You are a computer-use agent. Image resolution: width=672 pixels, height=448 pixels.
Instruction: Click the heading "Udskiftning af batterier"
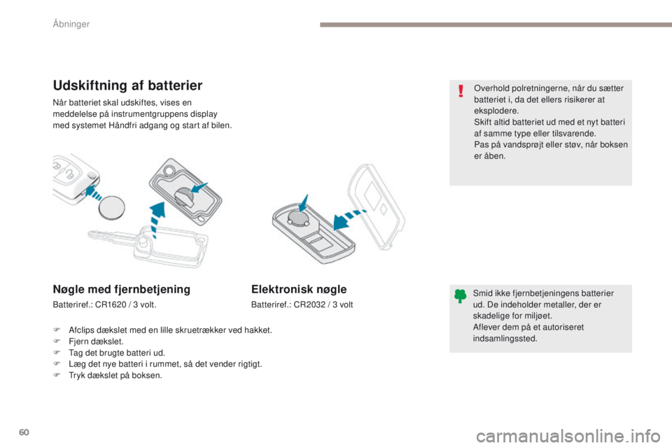point(127,85)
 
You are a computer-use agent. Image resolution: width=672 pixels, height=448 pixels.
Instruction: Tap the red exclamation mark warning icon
point(460,92)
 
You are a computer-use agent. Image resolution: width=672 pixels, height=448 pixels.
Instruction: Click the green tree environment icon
point(460,296)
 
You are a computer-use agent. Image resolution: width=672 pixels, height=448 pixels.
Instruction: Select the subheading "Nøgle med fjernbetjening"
point(121,288)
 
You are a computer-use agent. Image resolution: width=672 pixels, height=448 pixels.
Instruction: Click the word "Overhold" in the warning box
point(490,88)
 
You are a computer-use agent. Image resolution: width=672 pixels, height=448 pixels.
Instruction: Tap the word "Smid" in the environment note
point(483,293)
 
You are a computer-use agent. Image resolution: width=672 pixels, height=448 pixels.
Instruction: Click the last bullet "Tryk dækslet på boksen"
point(112,375)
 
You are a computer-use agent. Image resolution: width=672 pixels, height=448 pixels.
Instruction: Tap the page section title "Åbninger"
point(72,24)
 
